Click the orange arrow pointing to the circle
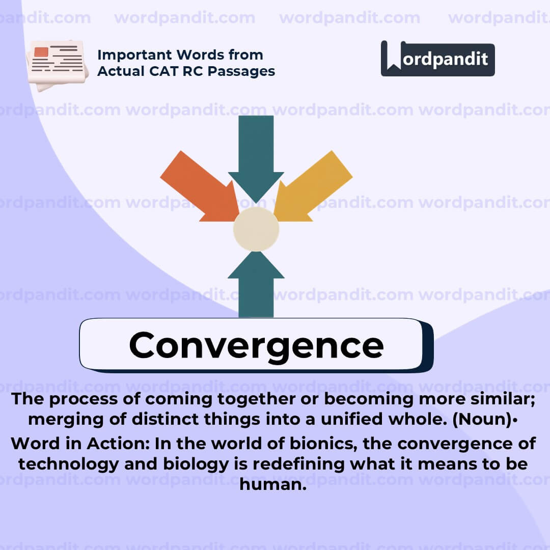point(201,187)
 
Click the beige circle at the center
point(256,229)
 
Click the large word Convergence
point(256,345)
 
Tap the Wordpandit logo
point(437,59)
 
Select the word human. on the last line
point(273,484)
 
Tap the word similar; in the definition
point(497,399)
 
